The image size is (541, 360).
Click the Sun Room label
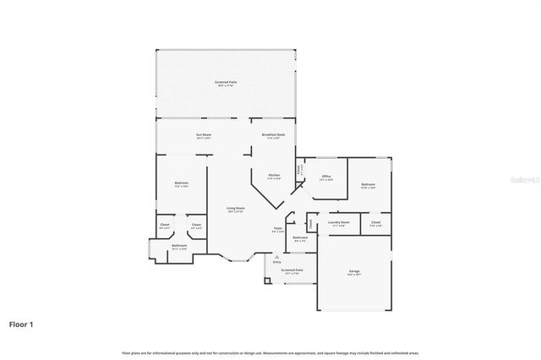coord(204,135)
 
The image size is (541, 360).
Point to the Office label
coord(325,177)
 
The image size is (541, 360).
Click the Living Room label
coord(235,209)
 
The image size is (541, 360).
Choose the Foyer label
coord(277,228)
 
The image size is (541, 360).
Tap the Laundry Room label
coord(340,223)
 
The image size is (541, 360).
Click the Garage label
coord(354,272)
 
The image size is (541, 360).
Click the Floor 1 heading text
coord(21,324)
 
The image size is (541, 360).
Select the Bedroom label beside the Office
coord(368,184)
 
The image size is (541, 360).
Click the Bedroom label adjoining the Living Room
coord(181,183)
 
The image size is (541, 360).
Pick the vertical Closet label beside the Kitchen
coord(299,169)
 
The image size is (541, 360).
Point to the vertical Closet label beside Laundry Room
coord(310,224)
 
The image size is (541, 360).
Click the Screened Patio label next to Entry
coord(292,270)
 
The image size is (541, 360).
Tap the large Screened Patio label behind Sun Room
coord(226,82)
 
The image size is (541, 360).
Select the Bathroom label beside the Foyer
coord(300,238)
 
